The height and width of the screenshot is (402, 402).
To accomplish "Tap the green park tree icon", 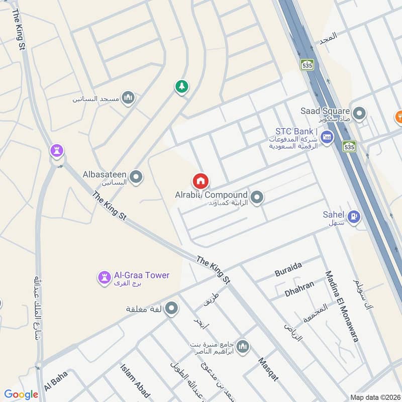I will click(x=181, y=86).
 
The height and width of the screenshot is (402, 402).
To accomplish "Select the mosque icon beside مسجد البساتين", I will click(x=129, y=97).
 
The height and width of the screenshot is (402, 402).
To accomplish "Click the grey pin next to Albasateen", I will click(x=136, y=177).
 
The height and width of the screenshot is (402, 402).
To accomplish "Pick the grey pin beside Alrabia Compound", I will click(x=257, y=197).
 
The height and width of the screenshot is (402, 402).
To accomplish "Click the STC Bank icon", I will click(x=327, y=136).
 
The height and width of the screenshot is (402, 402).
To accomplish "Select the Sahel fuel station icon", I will click(x=355, y=217).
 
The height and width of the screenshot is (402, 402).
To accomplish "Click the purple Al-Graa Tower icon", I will click(x=104, y=277).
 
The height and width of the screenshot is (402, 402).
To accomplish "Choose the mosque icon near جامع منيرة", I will click(x=243, y=347).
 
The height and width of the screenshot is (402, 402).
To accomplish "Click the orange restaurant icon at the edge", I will click(x=399, y=116).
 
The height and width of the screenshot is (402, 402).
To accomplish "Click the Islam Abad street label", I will click(x=131, y=381).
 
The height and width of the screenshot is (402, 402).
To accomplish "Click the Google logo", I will click(x=21, y=394).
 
